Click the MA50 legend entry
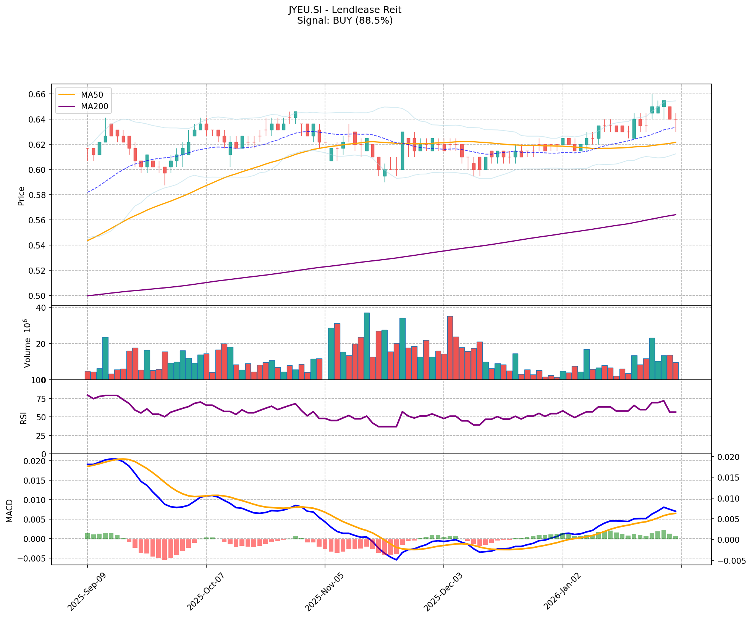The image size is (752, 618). click(91, 94)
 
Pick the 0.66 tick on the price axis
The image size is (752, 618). click(37, 94)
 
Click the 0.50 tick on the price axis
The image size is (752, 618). click(37, 296)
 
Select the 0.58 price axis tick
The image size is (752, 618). click(37, 195)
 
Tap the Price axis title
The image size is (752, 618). click(21, 196)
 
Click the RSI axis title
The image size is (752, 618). click(24, 418)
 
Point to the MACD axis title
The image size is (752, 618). click(10, 510)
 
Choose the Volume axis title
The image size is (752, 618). click(27, 344)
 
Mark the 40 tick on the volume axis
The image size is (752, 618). click(41, 308)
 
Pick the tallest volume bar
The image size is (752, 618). click(367, 346)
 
